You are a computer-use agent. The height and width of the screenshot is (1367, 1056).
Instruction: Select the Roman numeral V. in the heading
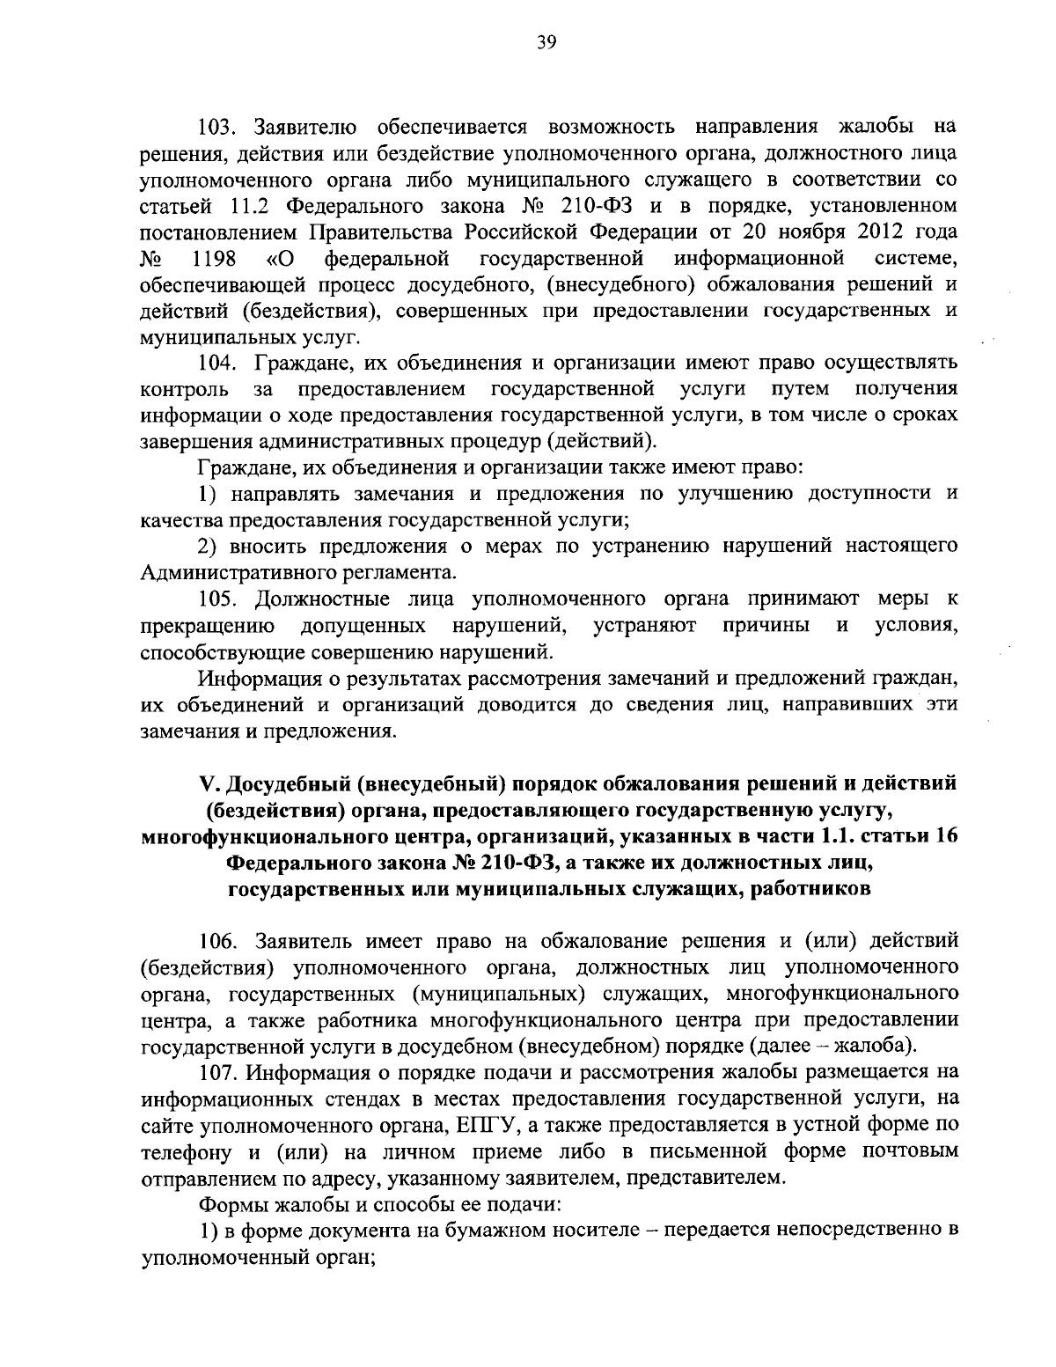pos(209,783)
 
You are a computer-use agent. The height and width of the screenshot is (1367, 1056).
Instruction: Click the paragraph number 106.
pos(217,942)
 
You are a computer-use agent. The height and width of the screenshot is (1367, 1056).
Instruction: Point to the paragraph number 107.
pos(217,1072)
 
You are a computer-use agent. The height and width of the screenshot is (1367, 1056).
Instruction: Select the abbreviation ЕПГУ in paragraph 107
pos(489,1125)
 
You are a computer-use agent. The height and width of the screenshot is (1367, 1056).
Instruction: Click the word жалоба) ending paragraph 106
pos(884,1047)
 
